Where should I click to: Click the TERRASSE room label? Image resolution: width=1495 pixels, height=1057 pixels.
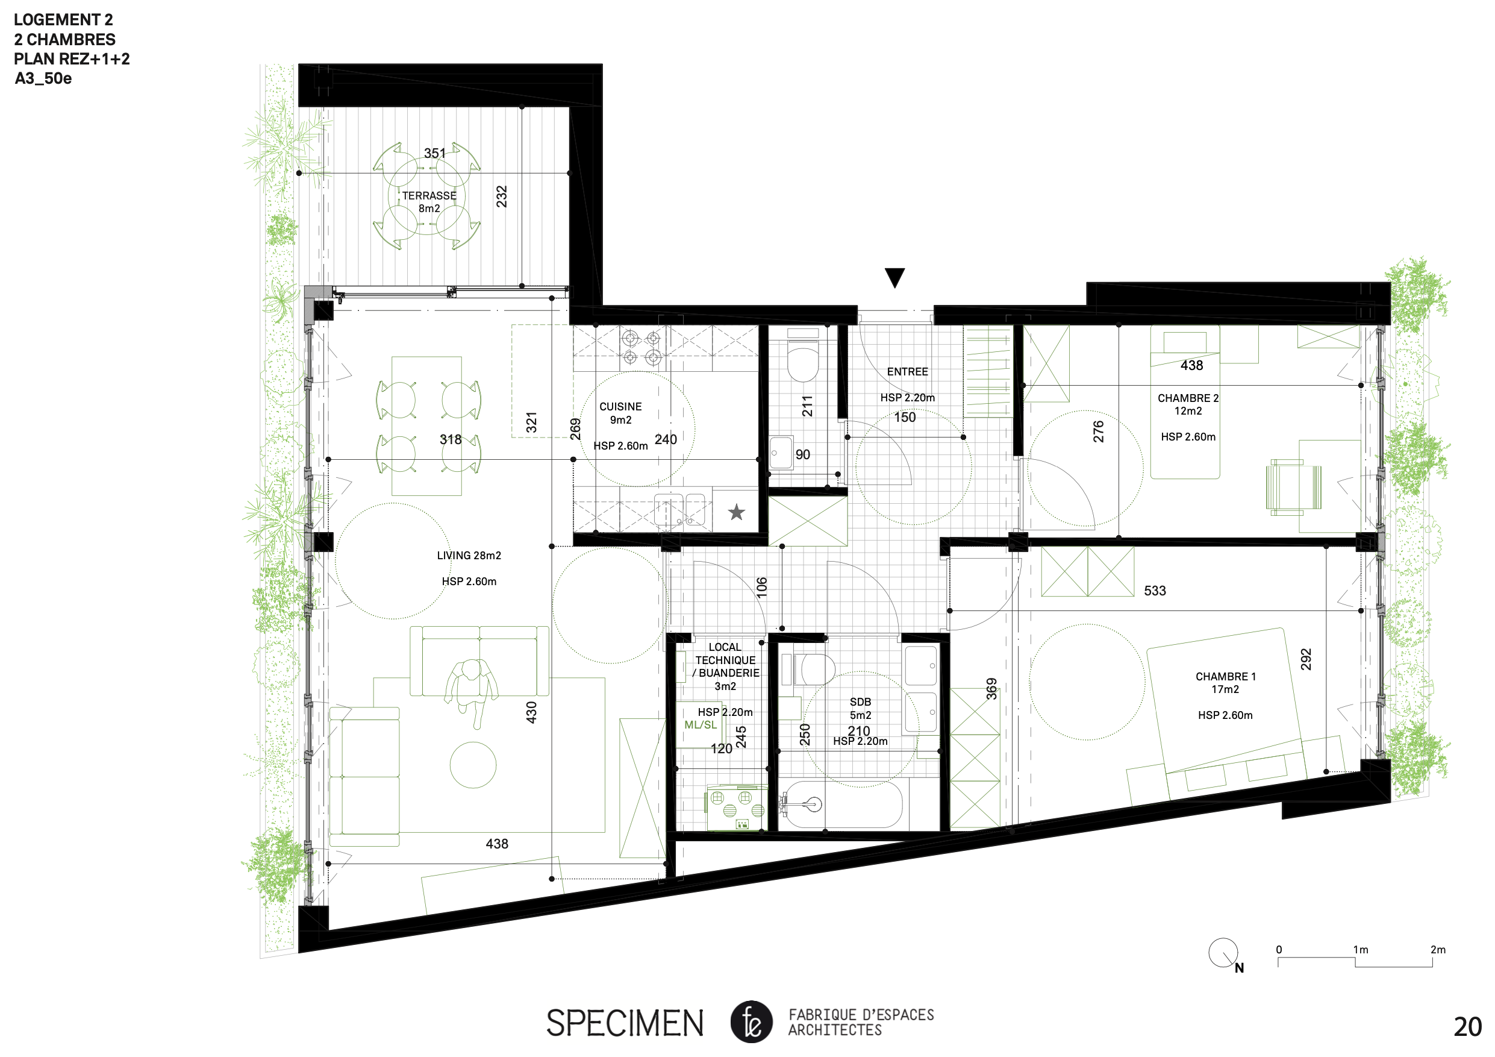pyautogui.click(x=429, y=195)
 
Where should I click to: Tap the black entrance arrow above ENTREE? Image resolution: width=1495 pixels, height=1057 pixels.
pyautogui.click(x=894, y=277)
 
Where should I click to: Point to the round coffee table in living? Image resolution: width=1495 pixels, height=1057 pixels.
pyautogui.click(x=473, y=765)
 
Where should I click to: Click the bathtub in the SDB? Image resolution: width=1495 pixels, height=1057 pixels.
pyautogui.click(x=841, y=805)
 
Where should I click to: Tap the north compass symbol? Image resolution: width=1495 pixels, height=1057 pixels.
pyautogui.click(x=1224, y=955)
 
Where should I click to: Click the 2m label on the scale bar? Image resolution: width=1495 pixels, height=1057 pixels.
pyautogui.click(x=1438, y=950)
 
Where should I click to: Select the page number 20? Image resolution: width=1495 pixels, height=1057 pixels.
pyautogui.click(x=1468, y=1027)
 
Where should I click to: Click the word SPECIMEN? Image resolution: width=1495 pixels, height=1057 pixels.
pyautogui.click(x=625, y=1023)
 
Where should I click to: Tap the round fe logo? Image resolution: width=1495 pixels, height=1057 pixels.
pyautogui.click(x=751, y=1022)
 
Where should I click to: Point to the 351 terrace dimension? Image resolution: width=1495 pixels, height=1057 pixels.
pyautogui.click(x=435, y=153)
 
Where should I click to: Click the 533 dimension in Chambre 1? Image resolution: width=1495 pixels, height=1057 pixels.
pyautogui.click(x=1155, y=591)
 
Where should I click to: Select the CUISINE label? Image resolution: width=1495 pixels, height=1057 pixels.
pyautogui.click(x=620, y=406)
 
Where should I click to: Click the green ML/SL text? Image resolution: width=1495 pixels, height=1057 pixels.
pyautogui.click(x=701, y=725)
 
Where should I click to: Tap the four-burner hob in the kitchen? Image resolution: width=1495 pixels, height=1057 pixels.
pyautogui.click(x=641, y=347)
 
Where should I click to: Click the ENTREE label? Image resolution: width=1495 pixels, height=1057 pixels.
pyautogui.click(x=908, y=372)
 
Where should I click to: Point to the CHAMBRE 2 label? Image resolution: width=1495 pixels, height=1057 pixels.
pyautogui.click(x=1188, y=398)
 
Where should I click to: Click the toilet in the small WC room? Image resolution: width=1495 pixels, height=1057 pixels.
pyautogui.click(x=803, y=356)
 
